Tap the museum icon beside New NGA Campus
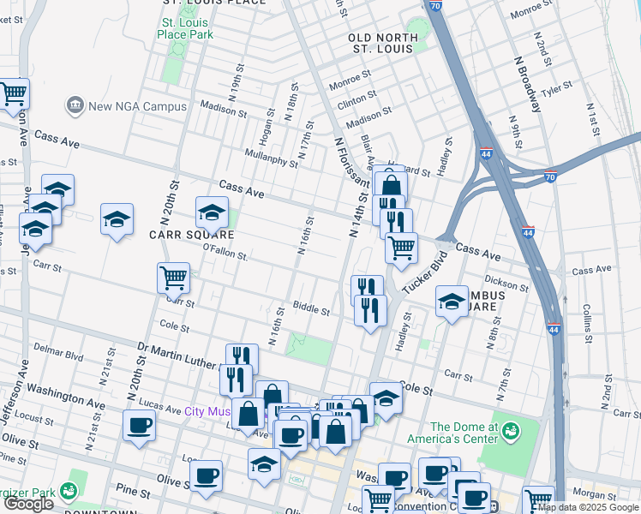pyautogui.click(x=75, y=106)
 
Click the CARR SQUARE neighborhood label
pyautogui.click(x=192, y=235)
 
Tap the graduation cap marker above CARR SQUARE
pyautogui.click(x=212, y=212)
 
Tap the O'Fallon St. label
pyautogui.click(x=225, y=254)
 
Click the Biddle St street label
pyautogui.click(x=311, y=309)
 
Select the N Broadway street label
pyautogui.click(x=527, y=84)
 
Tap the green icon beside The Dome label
pyautogui.click(x=512, y=428)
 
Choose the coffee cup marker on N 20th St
pyautogui.click(x=139, y=424)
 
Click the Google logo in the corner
pyautogui.click(x=29, y=504)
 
